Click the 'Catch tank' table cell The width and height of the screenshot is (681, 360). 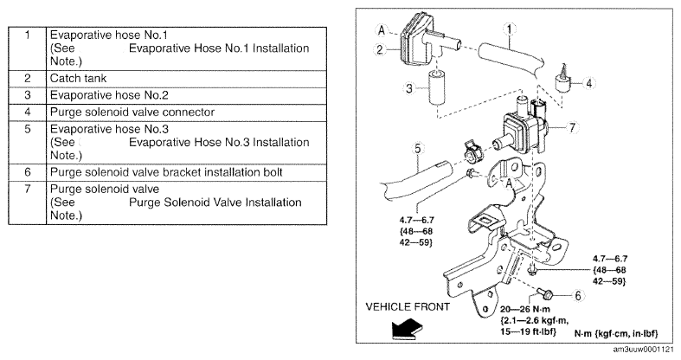coord(78,79)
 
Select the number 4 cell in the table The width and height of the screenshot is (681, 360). coord(28,112)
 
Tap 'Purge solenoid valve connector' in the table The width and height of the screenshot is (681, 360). coord(132,112)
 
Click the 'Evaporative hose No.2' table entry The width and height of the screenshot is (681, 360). coord(109,95)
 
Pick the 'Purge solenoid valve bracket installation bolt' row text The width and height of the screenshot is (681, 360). coord(166,172)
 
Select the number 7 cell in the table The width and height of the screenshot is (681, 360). coord(28,202)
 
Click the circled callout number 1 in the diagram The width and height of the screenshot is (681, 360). coord(509,29)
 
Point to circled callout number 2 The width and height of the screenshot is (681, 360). coord(381,49)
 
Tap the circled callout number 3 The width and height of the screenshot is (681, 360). coord(409,89)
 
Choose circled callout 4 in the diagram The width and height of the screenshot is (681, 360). coord(589,82)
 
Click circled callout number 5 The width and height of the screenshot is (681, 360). coord(417,149)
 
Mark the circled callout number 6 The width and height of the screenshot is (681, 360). coord(578,296)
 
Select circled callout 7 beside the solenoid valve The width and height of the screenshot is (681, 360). coord(572,128)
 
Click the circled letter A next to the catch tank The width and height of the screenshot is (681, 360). coord(382,29)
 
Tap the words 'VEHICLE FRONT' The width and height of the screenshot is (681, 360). coord(408,307)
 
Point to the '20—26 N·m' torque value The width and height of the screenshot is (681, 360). coord(524,310)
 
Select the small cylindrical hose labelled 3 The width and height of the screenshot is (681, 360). coord(436,88)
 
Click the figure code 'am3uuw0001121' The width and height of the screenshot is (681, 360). coord(644,350)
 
